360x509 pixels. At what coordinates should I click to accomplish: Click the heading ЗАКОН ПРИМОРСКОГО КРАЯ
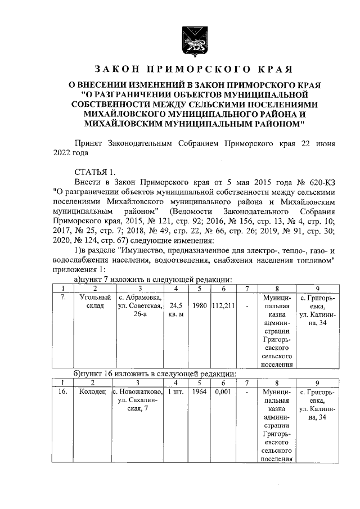pos(193,70)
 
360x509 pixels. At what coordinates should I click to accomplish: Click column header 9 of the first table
pos(317,288)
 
